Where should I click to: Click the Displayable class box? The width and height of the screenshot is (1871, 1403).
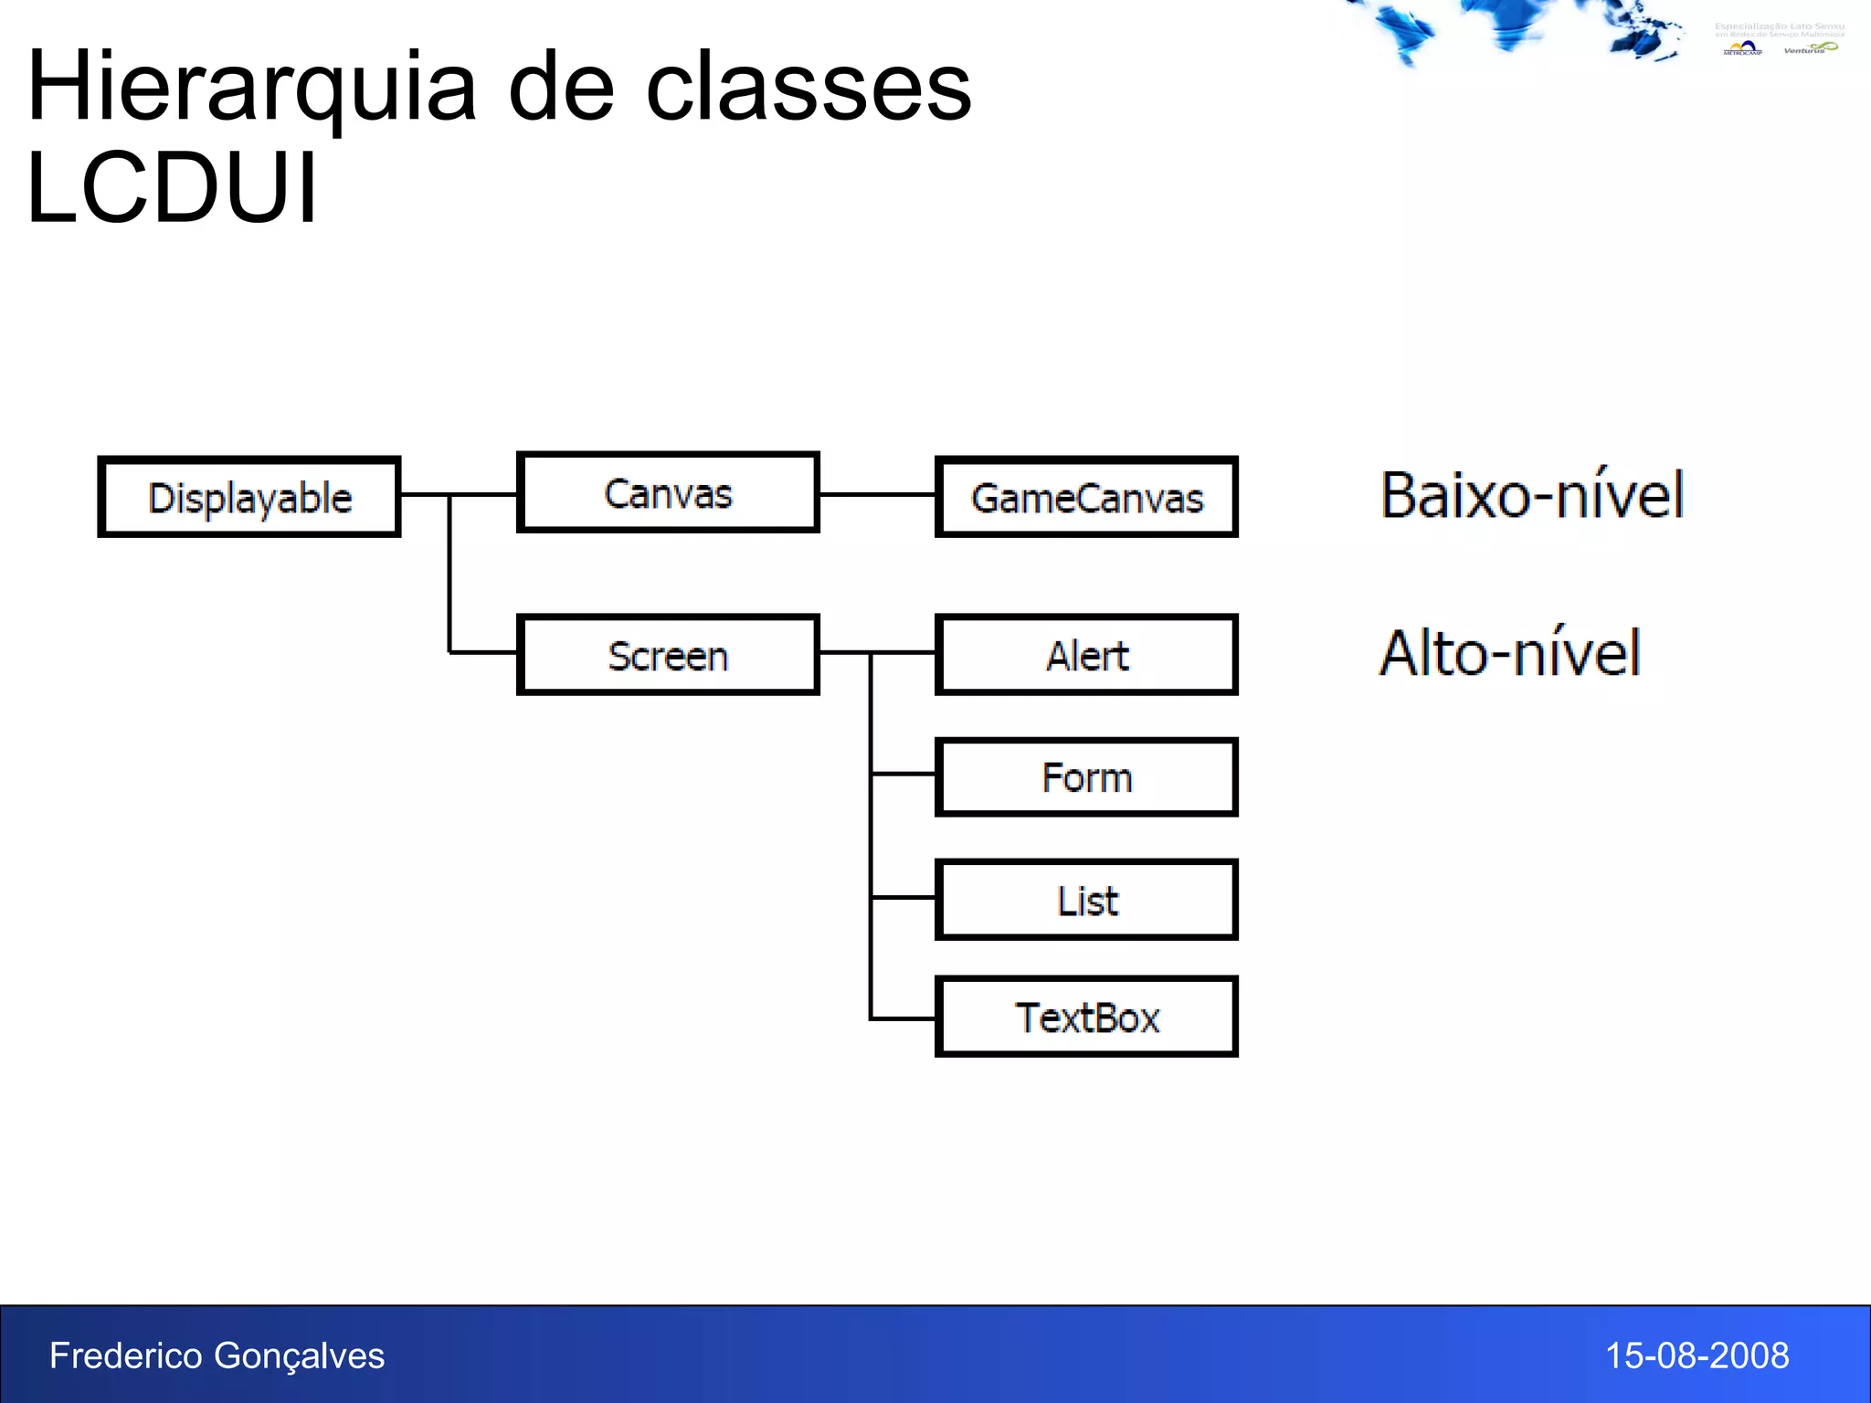[x=249, y=497]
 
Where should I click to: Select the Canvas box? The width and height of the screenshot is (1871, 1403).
[x=668, y=492]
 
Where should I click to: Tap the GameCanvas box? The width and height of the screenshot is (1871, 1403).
[x=1086, y=497]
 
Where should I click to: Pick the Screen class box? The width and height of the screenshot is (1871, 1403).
[x=668, y=655]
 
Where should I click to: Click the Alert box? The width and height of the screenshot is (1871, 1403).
[x=1086, y=655]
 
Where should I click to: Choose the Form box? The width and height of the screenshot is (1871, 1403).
[x=1086, y=777]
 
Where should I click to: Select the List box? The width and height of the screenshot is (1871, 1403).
[x=1086, y=900]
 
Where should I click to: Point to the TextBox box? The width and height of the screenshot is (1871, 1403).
[x=1086, y=1017]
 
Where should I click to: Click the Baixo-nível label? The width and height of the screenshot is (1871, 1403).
[x=1532, y=495]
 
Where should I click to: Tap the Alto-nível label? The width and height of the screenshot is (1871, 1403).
[x=1510, y=653]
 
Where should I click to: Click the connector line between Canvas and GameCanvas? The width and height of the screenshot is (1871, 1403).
[x=877, y=494]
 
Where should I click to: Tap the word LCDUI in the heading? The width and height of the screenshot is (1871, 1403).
[x=172, y=188]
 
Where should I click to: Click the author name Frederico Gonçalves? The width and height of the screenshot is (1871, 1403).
[x=217, y=1356]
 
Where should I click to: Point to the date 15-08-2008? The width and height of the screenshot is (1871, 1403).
[x=1697, y=1356]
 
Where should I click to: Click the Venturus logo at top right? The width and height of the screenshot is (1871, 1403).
[x=1810, y=47]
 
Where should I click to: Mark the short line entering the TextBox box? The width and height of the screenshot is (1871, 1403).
[x=903, y=1018]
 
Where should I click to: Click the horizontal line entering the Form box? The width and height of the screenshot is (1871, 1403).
[x=903, y=774]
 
